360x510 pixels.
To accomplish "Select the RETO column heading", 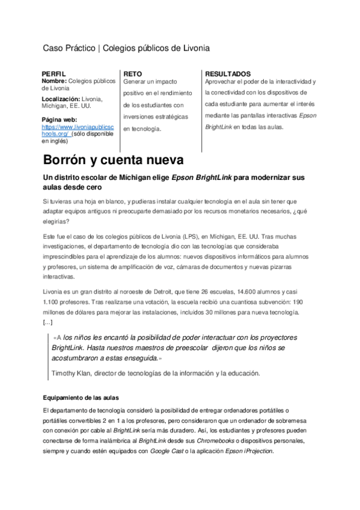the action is pyautogui.click(x=132, y=73).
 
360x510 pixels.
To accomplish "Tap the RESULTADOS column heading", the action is pyautogui.click(x=228, y=73).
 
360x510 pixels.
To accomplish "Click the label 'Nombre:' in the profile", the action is pyautogui.click(x=54, y=81).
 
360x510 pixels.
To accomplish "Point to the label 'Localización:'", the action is pyautogui.click(x=61, y=98).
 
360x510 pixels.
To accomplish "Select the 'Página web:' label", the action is pyautogui.click(x=59, y=119).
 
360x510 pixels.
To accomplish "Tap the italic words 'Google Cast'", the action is pyautogui.click(x=166, y=451).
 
